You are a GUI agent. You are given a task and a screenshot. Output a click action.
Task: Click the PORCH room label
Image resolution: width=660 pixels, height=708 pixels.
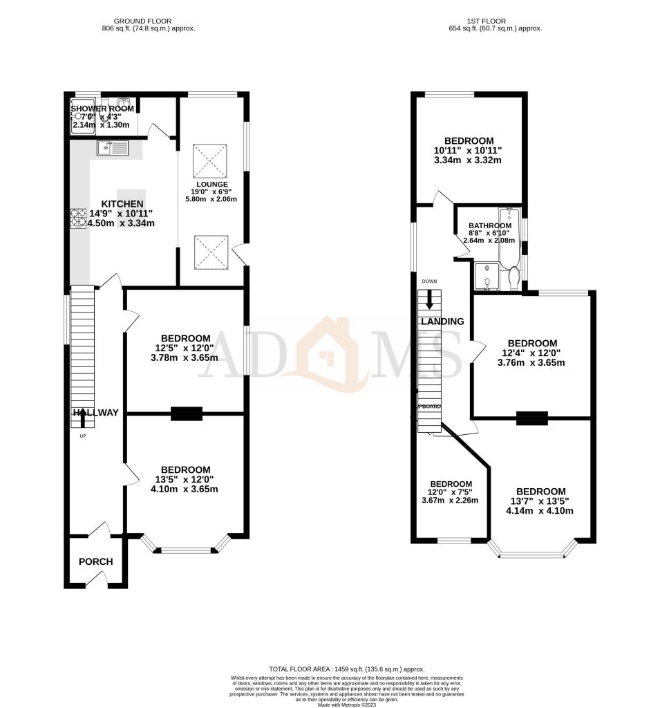(95, 561)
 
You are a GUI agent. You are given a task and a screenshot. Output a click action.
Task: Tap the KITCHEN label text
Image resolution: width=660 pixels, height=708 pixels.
(122, 204)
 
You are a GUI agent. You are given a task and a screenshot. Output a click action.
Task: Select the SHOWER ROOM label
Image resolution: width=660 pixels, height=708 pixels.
(102, 109)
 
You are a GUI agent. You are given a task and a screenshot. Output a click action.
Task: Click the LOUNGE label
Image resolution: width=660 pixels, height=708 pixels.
(211, 184)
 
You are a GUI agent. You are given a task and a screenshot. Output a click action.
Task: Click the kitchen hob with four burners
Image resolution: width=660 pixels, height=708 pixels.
(77, 218)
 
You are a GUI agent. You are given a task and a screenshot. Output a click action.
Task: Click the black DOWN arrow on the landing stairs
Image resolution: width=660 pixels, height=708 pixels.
(430, 300)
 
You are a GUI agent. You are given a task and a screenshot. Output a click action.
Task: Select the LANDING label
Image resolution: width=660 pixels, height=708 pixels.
(442, 322)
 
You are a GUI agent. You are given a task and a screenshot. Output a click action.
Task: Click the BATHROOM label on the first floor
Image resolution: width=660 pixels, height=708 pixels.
(490, 225)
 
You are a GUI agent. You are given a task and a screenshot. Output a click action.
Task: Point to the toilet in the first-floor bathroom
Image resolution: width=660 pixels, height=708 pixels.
(513, 279)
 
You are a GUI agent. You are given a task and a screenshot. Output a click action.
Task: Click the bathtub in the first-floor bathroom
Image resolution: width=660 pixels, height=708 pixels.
(509, 239)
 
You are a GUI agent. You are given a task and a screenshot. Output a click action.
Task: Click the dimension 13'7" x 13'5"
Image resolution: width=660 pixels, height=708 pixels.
(540, 501)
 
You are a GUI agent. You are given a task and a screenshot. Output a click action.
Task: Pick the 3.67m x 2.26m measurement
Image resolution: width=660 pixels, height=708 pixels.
(451, 501)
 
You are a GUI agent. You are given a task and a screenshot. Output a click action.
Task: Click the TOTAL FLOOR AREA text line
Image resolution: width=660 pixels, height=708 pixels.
(337, 670)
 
